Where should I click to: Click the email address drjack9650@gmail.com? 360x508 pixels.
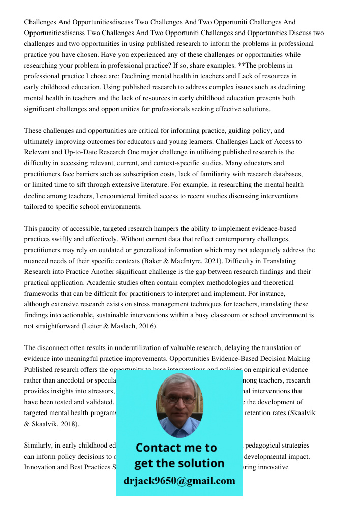pos(179,481)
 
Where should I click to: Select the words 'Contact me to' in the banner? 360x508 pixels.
pos(176,448)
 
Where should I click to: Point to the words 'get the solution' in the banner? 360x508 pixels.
pos(179,463)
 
